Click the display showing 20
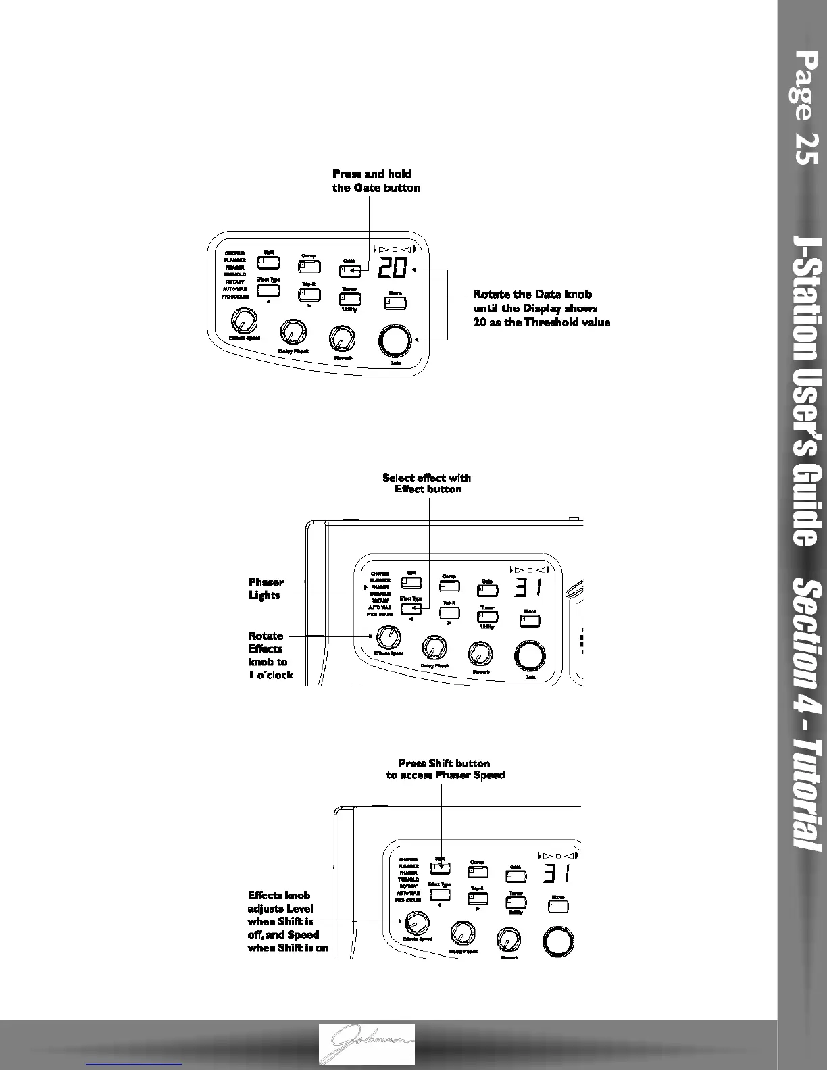[x=392, y=269]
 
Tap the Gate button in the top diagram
[x=349, y=271]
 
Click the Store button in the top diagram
[x=395, y=303]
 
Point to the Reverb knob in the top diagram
[x=342, y=338]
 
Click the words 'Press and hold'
[x=372, y=174]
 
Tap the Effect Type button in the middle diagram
[x=411, y=609]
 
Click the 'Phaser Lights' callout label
[x=266, y=588]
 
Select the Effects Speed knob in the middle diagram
[x=389, y=636]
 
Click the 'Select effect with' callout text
[x=426, y=478]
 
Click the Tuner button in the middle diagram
[x=487, y=616]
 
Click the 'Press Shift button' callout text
[x=444, y=763]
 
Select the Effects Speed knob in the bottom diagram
[x=416, y=922]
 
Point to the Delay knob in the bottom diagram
[x=461, y=933]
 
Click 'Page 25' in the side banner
[x=807, y=108]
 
